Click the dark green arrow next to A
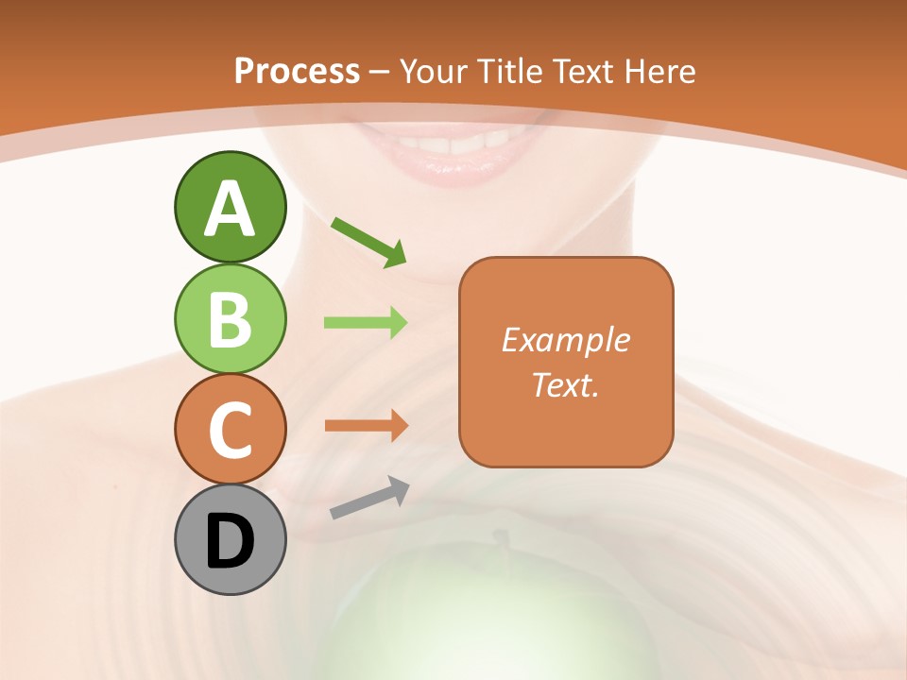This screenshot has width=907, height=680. (368, 241)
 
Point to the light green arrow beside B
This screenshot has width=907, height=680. (366, 323)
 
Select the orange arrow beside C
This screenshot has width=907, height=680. (366, 425)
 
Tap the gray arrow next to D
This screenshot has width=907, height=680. (369, 498)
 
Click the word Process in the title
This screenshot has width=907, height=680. (297, 71)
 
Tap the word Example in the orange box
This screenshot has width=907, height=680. (566, 340)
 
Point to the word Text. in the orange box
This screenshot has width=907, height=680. (566, 385)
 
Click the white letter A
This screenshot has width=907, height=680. (230, 208)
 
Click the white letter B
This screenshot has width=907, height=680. (230, 319)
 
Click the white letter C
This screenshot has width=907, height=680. (230, 430)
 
